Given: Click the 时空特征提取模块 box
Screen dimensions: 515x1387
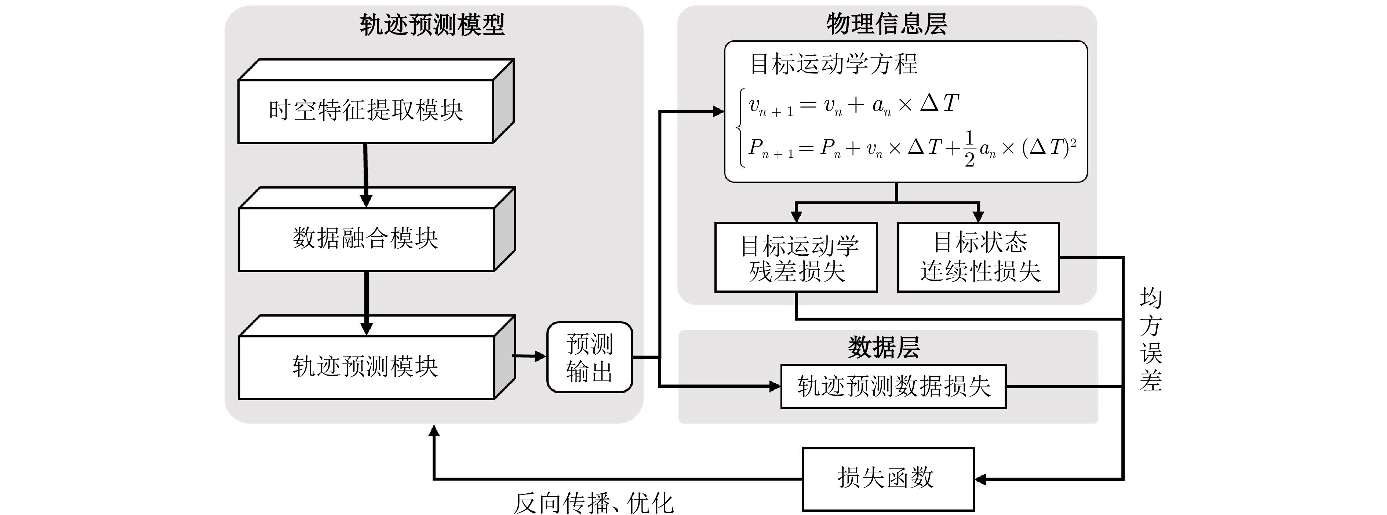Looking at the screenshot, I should (x=366, y=111).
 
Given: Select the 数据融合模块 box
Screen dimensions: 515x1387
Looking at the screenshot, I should (x=366, y=238).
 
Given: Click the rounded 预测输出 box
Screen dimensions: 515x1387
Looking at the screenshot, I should (x=590, y=357).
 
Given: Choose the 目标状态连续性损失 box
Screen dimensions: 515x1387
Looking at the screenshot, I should (x=978, y=257).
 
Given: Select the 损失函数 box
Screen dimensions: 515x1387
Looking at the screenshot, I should (x=888, y=478).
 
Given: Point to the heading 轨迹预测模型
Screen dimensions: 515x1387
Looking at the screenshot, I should (x=432, y=25).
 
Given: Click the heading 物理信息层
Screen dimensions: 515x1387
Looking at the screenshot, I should (x=887, y=24).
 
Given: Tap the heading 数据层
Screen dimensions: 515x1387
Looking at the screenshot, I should (x=884, y=348).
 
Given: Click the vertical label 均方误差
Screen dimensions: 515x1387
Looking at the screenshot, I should (x=1151, y=339).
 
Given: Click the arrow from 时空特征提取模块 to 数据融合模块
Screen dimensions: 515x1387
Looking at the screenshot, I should (x=366, y=175).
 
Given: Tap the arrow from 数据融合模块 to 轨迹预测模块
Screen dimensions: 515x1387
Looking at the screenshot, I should (x=366, y=303).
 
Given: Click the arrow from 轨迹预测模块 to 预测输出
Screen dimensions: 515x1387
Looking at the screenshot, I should (x=530, y=356).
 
